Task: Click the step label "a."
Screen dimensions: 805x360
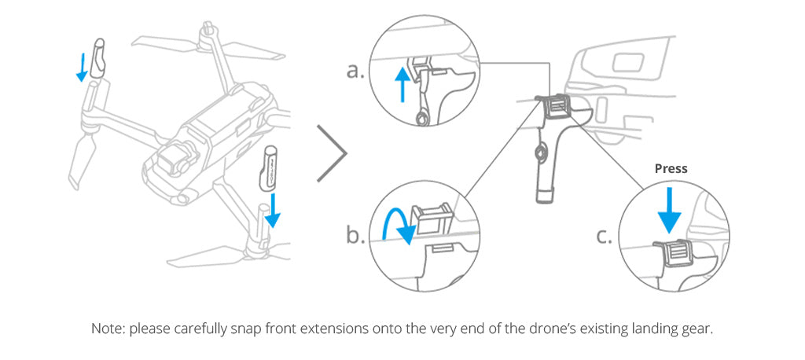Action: tap(355, 71)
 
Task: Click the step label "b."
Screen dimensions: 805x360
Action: tap(355, 236)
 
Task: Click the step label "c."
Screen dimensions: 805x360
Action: tap(605, 236)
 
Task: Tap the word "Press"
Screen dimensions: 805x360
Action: tap(671, 168)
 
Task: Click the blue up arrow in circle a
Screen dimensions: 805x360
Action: tap(402, 85)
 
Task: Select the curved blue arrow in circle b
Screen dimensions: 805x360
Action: tap(396, 225)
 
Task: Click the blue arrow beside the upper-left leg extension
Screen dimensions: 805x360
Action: tap(81, 67)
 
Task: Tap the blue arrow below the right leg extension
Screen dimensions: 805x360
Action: tap(273, 210)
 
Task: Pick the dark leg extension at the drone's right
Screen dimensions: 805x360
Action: tap(268, 168)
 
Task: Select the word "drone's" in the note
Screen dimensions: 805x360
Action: tap(553, 329)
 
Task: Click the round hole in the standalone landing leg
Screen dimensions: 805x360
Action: tap(539, 152)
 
